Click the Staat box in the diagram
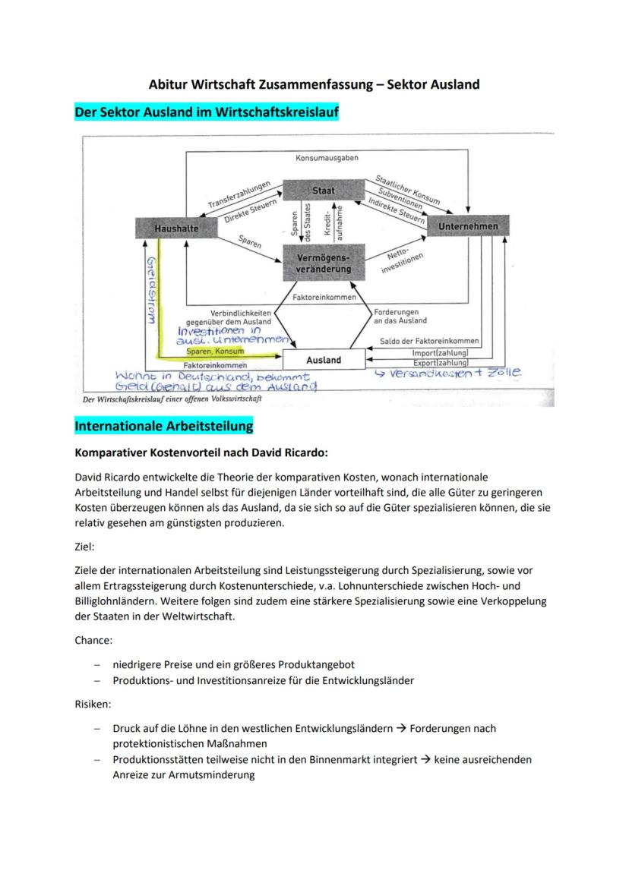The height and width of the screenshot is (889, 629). tap(324, 191)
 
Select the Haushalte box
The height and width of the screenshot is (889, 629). tap(176, 228)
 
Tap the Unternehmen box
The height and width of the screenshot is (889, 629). tap(468, 225)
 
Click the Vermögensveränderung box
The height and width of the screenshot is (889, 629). tap(324, 263)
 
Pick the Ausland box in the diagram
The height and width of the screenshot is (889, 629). tap(324, 359)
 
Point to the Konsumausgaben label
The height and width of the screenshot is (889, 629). tap(327, 158)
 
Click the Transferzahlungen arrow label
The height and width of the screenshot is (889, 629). tap(239, 194)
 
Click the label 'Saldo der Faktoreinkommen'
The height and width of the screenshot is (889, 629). tap(429, 341)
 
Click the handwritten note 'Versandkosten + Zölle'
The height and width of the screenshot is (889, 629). tap(448, 373)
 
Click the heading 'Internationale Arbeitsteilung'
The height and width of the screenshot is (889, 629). tap(164, 426)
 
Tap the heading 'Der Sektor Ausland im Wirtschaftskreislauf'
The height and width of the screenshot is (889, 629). tap(207, 112)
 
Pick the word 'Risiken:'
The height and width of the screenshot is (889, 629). tap(93, 705)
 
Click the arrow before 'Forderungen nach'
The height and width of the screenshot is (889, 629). tap(401, 728)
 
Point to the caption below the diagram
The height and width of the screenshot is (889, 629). tap(172, 399)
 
